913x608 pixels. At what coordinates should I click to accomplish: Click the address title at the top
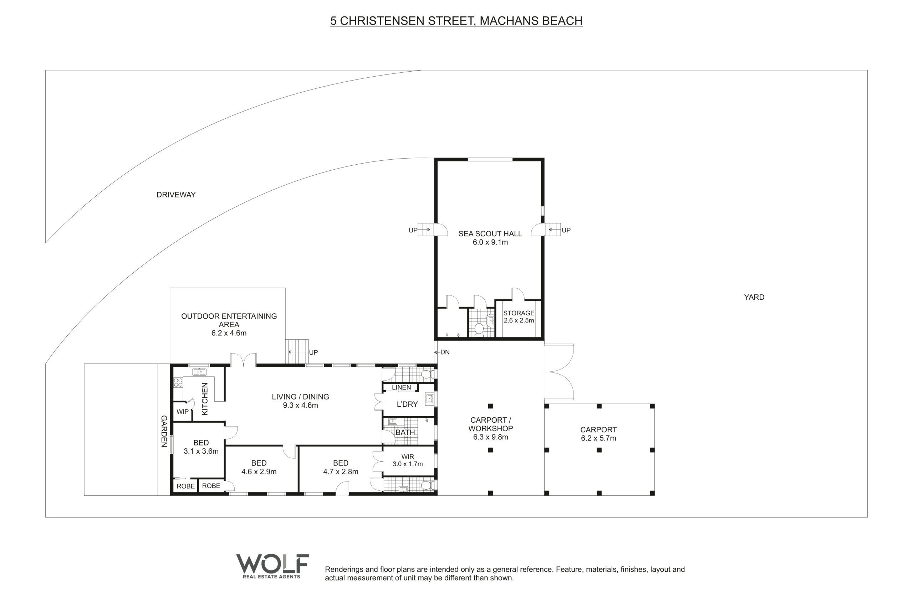[x=456, y=21]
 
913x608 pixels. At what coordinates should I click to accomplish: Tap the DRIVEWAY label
[x=176, y=195]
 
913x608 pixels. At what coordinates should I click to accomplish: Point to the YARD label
[x=754, y=297]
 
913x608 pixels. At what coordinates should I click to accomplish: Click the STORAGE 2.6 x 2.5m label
[x=519, y=316]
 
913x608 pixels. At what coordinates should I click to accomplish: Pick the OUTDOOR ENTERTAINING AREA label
[x=229, y=324]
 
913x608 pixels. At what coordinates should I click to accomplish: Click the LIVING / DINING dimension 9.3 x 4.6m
[x=300, y=405]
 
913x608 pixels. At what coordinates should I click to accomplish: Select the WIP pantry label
[x=182, y=411]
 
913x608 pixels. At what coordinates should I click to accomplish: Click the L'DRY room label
[x=407, y=404]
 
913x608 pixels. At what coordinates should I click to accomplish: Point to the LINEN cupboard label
[x=401, y=387]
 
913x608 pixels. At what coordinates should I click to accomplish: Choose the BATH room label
[x=405, y=432]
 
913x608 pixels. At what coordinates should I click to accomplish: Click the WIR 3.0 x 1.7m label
[x=407, y=460]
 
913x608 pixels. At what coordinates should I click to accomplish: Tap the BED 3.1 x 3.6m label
[x=201, y=447]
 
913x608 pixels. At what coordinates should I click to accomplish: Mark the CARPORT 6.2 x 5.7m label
[x=598, y=434]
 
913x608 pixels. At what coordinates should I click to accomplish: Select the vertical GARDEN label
[x=164, y=431]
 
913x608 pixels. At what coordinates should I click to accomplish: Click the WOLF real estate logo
[x=272, y=566]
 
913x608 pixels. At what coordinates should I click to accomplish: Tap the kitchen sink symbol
[x=199, y=372]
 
